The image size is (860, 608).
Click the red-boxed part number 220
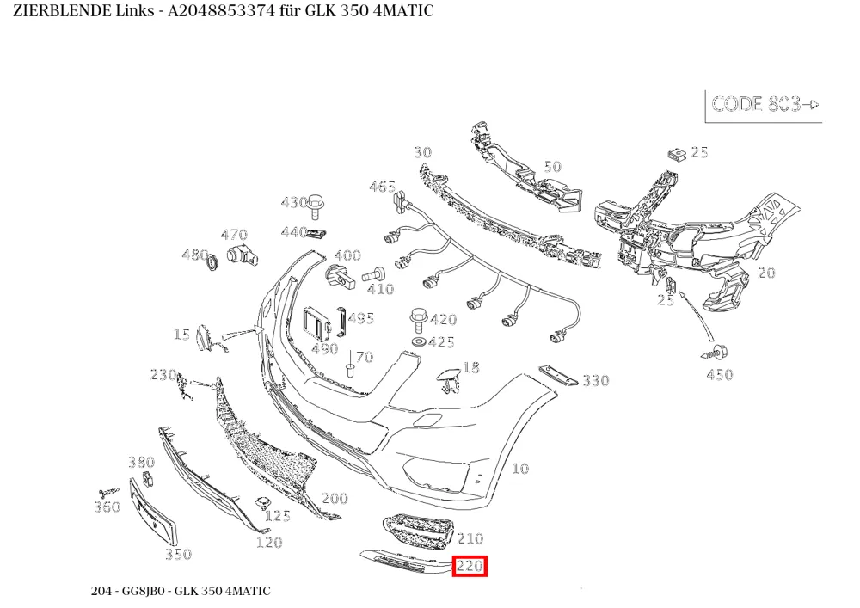click(470, 566)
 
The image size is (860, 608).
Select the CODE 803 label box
click(764, 106)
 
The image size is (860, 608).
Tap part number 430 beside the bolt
click(294, 203)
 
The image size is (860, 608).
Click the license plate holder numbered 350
click(153, 511)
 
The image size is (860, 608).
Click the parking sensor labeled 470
click(243, 255)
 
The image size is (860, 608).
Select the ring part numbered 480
click(212, 262)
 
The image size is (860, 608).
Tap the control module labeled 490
click(317, 324)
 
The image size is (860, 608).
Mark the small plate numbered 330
click(558, 376)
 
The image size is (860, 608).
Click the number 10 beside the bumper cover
click(520, 469)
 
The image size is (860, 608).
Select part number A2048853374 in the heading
click(221, 10)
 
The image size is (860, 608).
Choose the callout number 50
click(552, 166)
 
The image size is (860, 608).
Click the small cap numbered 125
click(262, 503)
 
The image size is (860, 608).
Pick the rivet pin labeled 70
click(349, 368)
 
